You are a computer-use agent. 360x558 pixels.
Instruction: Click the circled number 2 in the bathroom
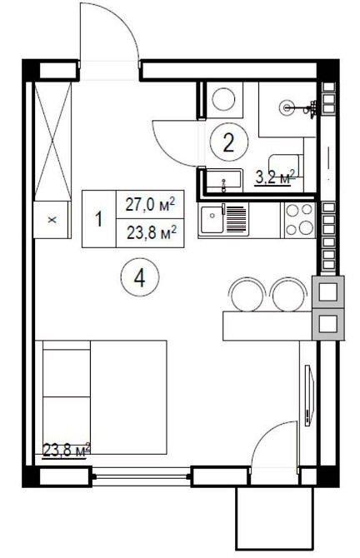coord(228,142)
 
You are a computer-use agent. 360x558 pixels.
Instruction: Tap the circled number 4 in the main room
coord(140,278)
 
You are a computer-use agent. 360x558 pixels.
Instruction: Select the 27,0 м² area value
coord(150,205)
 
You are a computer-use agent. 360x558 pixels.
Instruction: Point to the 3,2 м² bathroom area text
coord(275,177)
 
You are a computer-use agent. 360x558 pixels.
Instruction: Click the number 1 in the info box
coord(98,219)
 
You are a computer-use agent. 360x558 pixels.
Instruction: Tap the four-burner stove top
coord(299,220)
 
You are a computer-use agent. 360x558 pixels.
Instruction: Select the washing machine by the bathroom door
coord(224,100)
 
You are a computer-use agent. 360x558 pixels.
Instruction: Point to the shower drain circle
coord(287,107)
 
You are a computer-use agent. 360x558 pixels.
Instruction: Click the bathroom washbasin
coord(224,182)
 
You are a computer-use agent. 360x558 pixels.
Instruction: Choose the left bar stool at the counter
coord(247,295)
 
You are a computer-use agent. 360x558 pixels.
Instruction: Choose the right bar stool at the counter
coord(289,295)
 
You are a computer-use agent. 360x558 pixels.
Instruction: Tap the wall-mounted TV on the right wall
coord(309,395)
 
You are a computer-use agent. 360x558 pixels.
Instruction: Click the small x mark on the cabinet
coord(52,220)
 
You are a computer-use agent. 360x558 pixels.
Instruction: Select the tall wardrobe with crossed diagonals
coord(52,142)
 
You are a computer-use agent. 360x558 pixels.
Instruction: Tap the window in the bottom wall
coord(141,476)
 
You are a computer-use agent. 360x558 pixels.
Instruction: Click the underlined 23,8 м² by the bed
coord(66,451)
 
